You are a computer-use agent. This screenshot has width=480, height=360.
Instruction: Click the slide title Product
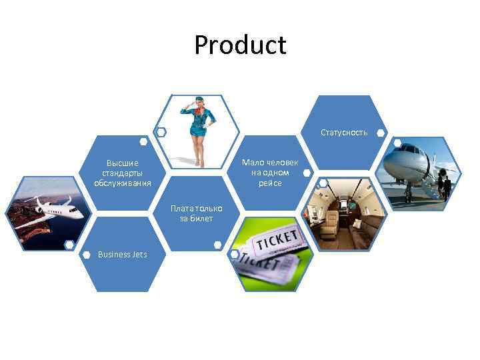point(240,45)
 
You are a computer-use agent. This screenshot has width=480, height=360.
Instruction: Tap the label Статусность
point(343,133)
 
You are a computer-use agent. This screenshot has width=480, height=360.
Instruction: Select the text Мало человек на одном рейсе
point(270,173)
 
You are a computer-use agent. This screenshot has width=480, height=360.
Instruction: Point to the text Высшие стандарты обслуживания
point(123,173)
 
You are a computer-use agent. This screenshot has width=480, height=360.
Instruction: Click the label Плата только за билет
point(196,213)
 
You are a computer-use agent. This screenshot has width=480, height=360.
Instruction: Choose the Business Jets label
point(122,254)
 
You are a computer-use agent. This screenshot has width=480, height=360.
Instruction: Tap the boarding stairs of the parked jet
point(426,187)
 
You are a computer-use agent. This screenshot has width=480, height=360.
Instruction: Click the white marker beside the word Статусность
point(380,133)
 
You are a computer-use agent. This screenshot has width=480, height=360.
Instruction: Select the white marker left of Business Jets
point(86,254)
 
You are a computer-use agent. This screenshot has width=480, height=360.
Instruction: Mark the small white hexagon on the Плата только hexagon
point(217,245)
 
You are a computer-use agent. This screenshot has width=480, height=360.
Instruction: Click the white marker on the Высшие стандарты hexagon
point(143,141)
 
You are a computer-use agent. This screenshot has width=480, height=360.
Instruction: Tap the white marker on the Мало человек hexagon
point(306,173)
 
